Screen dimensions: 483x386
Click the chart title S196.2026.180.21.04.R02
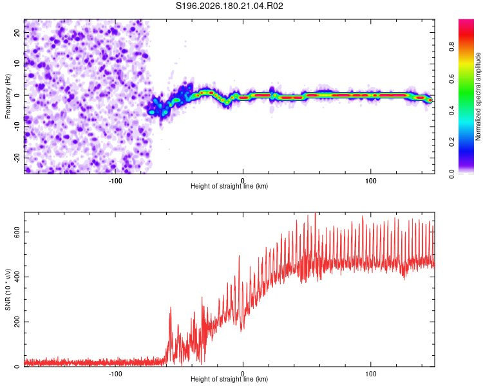tap(229, 6)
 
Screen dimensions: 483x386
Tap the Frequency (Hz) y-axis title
tap(8, 96)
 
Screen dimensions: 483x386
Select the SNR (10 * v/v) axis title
tap(8, 289)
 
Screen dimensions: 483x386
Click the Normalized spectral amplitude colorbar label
tap(478, 96)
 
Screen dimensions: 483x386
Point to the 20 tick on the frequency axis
tap(17, 33)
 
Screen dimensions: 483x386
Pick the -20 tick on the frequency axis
tap(17, 158)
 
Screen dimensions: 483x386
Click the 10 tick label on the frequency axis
tap(17, 64)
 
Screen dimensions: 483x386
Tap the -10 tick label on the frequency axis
tap(17, 127)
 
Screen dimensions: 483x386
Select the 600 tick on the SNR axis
tap(17, 232)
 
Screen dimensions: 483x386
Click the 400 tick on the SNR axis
tap(17, 277)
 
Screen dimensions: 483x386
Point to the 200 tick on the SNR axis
tap(17, 322)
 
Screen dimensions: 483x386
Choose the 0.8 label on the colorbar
tap(451, 47)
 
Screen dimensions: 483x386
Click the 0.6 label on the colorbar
tap(451, 78)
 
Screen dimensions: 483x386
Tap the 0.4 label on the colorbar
tap(451, 111)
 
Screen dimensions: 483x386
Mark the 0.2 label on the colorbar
tap(451, 142)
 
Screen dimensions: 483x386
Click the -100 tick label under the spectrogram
tap(115, 181)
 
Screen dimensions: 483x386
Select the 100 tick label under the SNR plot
tap(370, 374)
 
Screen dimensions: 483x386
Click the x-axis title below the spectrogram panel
tap(229, 186)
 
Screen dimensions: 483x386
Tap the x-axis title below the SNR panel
tap(229, 379)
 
